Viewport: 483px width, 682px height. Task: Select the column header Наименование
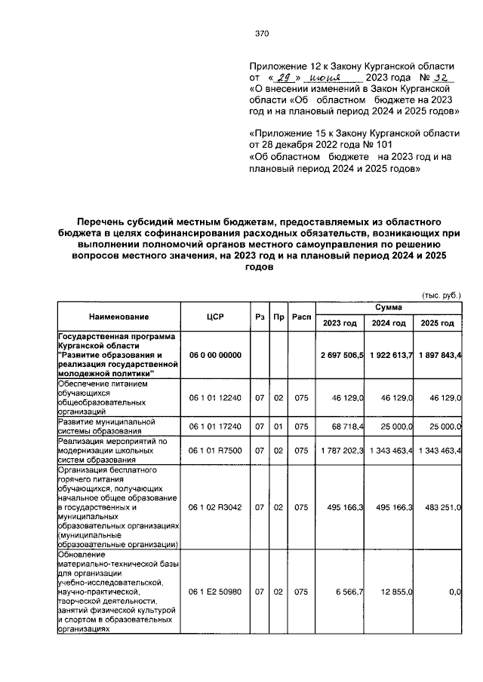(118, 317)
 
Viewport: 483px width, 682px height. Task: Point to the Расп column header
(302, 317)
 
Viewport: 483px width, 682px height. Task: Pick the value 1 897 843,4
(438, 354)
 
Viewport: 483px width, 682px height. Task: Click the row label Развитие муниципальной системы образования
(97, 426)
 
